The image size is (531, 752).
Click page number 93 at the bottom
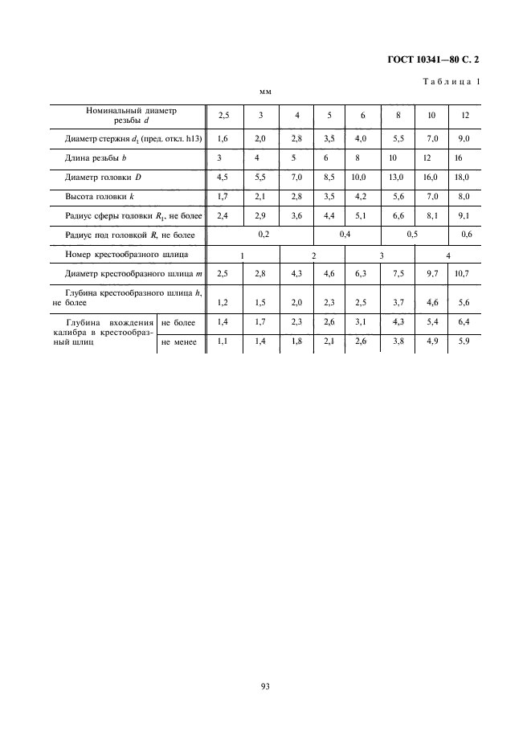[265, 685]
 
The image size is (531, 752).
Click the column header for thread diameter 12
[465, 116]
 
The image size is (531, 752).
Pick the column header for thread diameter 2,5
[223, 116]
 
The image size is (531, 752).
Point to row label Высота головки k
[100, 196]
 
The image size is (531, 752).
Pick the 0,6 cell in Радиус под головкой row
[466, 234]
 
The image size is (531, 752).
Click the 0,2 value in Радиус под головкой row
[262, 234]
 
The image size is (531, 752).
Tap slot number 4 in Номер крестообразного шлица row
[448, 255]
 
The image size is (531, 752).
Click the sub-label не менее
[179, 342]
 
